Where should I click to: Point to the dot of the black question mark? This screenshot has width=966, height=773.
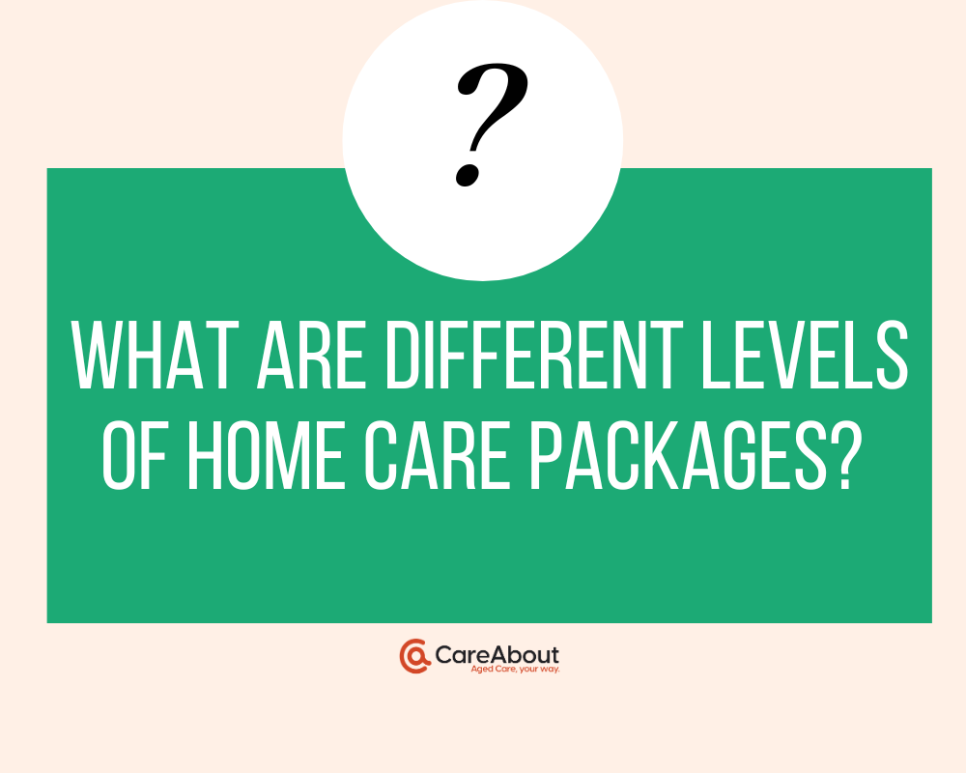click(x=468, y=175)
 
